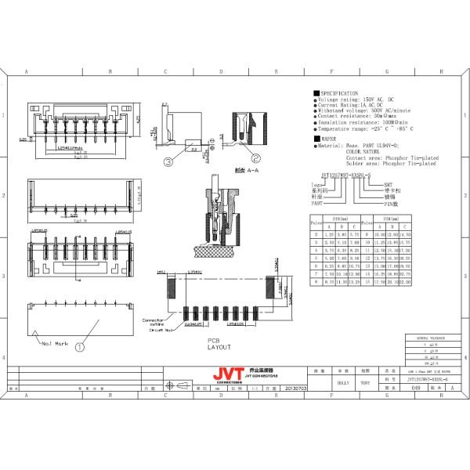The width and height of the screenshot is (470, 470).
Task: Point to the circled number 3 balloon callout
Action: pyautogui.click(x=168, y=163)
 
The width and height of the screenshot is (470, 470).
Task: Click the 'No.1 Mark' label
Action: pyautogui.click(x=52, y=344)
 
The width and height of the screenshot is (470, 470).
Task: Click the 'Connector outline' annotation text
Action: pyautogui.click(x=153, y=323)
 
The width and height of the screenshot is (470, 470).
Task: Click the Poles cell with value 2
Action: pyautogui.click(x=316, y=234)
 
